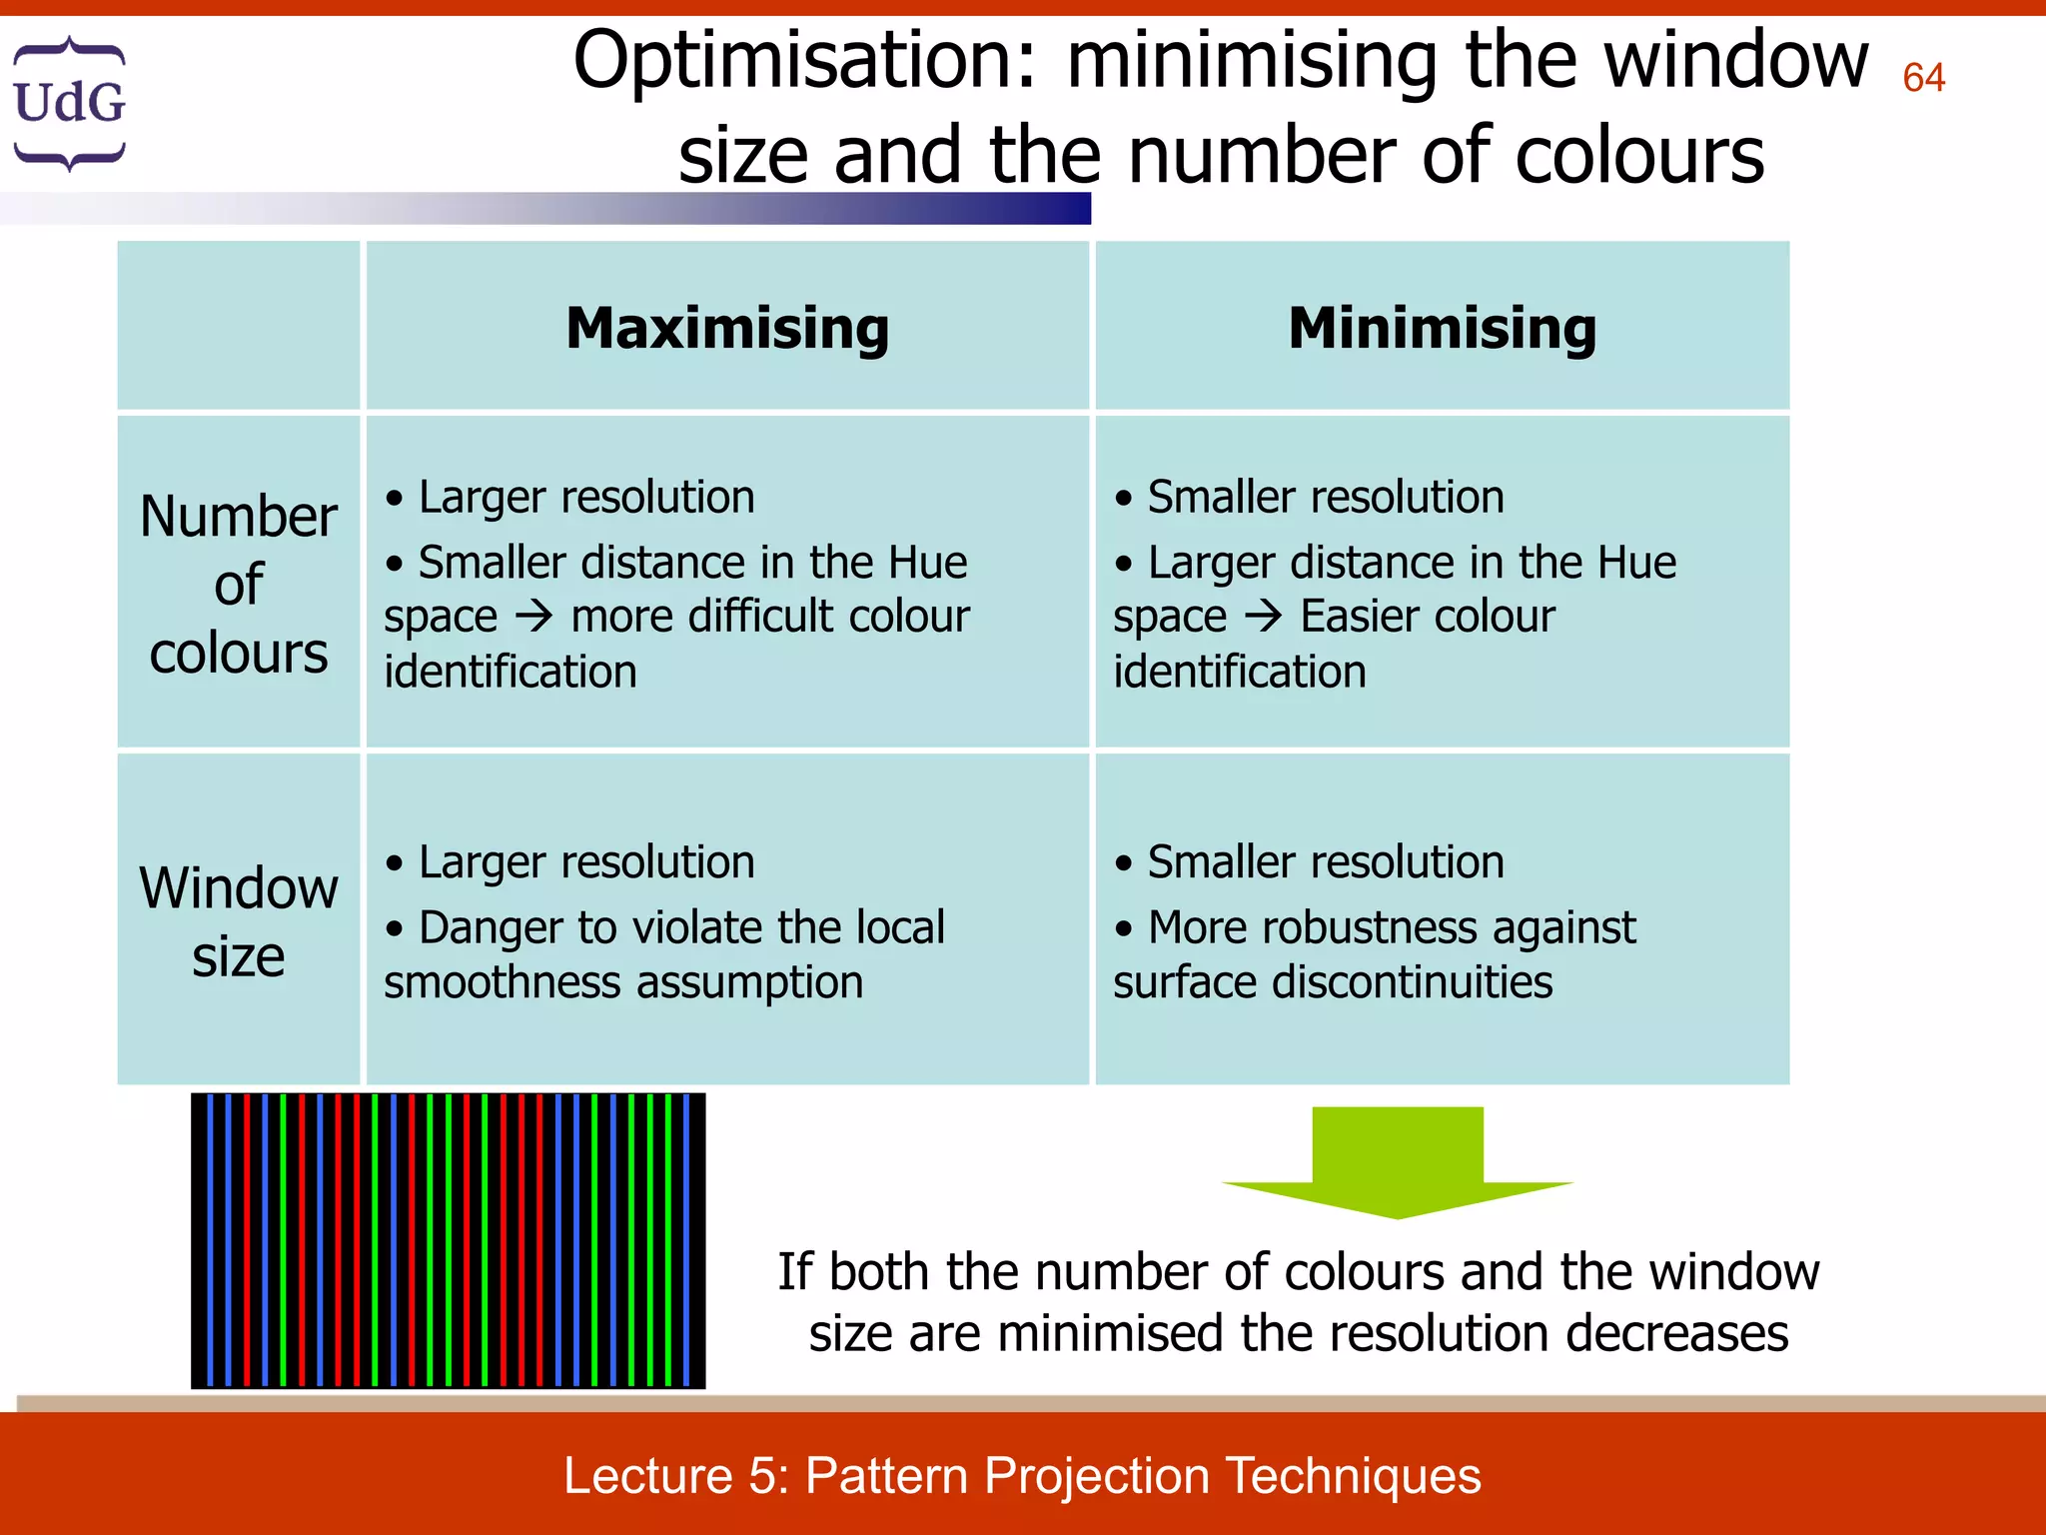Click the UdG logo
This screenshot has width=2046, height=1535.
click(x=69, y=103)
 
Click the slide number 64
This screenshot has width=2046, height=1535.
click(x=1923, y=78)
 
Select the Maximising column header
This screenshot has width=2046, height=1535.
click(x=727, y=328)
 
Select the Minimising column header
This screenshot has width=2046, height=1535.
click(x=1442, y=328)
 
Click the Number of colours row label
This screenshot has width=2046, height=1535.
click(x=238, y=585)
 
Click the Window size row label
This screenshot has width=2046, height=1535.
click(x=238, y=920)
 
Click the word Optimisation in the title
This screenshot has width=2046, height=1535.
click(x=804, y=62)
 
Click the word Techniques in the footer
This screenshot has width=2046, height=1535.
click(x=1353, y=1476)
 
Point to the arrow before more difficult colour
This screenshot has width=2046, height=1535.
click(x=533, y=617)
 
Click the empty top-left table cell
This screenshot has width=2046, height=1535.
click(x=238, y=326)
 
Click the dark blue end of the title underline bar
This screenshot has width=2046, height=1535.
click(x=1059, y=208)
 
